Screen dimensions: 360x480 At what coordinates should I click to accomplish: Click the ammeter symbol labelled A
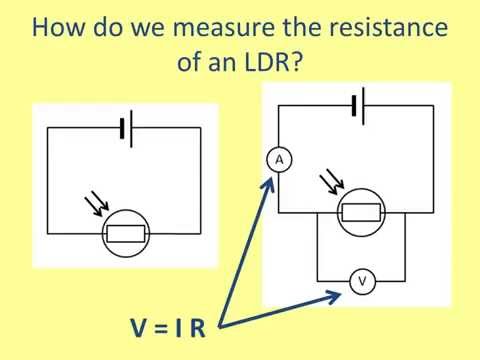pos(279,159)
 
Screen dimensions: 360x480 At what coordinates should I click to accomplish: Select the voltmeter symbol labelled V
pos(362,282)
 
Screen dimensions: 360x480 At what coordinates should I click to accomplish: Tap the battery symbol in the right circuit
pos(357,105)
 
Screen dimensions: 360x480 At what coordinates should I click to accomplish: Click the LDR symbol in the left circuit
pos(127,235)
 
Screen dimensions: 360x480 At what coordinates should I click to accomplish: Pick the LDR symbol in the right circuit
pos(361,211)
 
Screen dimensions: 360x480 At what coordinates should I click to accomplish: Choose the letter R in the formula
pos(197,327)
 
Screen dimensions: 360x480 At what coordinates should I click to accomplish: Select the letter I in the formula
pos(180,327)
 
